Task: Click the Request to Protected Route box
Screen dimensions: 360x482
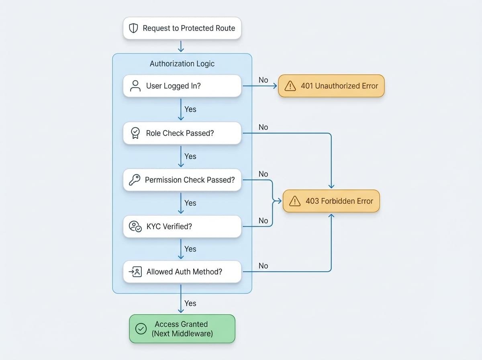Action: click(182, 28)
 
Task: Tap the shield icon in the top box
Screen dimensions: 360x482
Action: click(133, 28)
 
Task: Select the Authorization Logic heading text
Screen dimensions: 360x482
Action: click(182, 63)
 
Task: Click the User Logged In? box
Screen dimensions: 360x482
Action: click(182, 86)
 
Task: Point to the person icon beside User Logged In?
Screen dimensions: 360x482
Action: click(135, 86)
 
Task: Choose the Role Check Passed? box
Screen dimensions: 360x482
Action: click(182, 133)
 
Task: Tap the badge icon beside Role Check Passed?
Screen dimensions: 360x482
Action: click(135, 133)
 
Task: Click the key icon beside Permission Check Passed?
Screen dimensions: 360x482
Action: click(135, 180)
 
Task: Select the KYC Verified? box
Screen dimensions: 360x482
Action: click(182, 226)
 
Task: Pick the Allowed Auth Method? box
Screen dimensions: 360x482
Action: click(182, 272)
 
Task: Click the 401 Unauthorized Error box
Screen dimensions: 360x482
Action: click(331, 86)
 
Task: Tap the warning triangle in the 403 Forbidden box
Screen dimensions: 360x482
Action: click(295, 201)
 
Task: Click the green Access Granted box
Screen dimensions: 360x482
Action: click(182, 329)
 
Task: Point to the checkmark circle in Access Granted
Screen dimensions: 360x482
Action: click(141, 329)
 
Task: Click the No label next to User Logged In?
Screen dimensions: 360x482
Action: click(263, 80)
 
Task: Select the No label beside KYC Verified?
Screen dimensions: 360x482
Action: click(263, 221)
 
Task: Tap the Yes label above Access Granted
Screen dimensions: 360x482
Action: click(190, 303)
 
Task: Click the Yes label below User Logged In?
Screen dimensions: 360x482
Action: click(190, 109)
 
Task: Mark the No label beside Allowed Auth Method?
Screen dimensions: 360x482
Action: click(263, 266)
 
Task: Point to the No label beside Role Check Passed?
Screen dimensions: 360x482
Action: click(263, 127)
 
